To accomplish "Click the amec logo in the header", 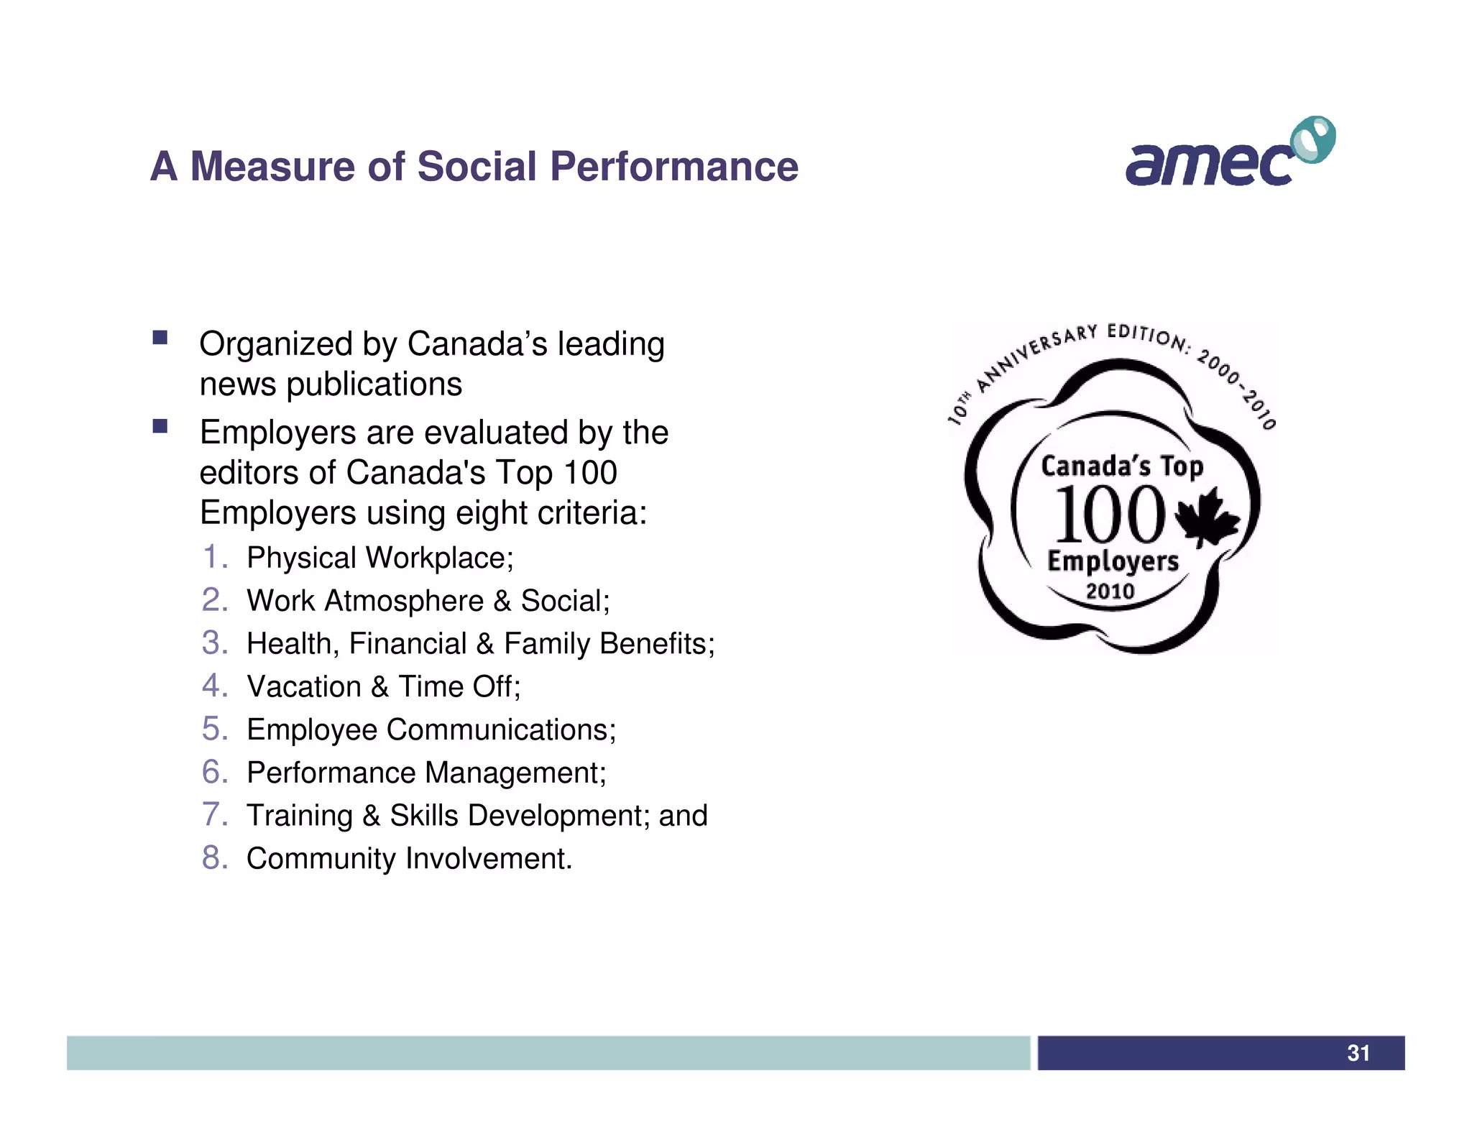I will coord(1215,164).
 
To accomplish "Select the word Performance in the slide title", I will coord(674,167).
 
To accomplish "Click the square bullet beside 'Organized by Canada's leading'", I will coord(160,338).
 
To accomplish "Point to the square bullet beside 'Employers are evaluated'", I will coord(160,426).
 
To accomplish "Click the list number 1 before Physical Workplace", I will coord(214,557).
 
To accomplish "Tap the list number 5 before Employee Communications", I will coord(214,729).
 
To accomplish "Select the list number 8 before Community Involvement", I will coord(214,857).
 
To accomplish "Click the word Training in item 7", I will coord(300,816).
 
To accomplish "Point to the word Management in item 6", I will coord(515,773).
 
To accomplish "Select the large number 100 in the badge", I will coord(1108,515).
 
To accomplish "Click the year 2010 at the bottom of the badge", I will coord(1110,591).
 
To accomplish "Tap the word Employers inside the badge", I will coord(1113,561).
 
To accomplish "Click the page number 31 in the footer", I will coord(1358,1053).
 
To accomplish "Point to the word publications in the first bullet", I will coord(374,385).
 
